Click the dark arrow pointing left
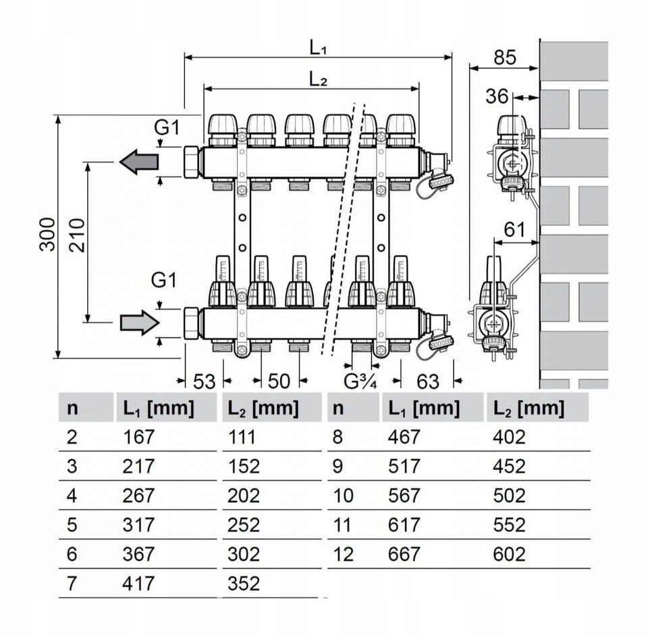point(139,162)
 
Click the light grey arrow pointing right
point(139,323)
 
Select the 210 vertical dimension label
point(77,234)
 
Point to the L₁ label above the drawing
point(318,47)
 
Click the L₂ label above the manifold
point(318,78)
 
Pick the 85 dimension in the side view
point(504,58)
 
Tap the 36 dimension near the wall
point(497,97)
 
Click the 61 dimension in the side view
point(514,231)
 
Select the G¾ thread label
point(360,382)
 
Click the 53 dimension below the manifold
point(204,382)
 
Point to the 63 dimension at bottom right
point(427,382)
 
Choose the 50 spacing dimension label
point(278,382)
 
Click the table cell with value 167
point(138,437)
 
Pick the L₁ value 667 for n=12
point(404,554)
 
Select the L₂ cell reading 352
point(243,583)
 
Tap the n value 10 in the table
point(343,495)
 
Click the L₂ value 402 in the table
point(509,437)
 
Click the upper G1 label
point(166,127)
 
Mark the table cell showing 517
point(404,466)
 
